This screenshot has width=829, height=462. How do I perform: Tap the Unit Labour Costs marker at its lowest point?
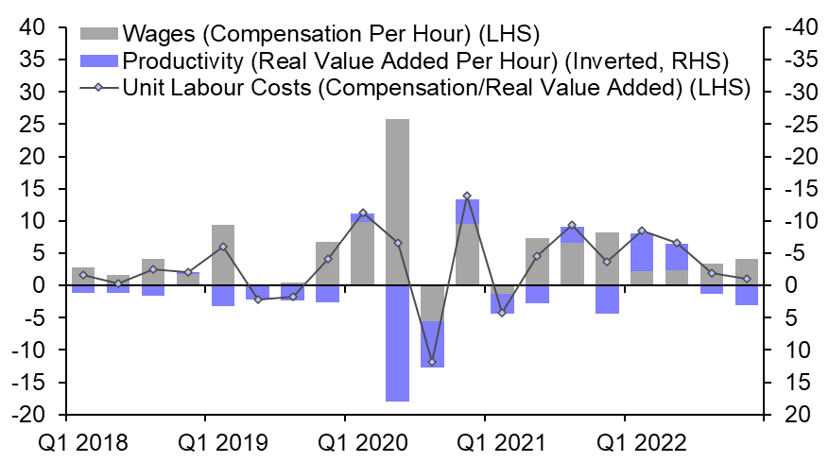click(432, 362)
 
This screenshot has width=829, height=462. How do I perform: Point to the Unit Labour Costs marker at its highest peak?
click(467, 196)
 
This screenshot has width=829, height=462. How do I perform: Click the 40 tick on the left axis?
click(33, 28)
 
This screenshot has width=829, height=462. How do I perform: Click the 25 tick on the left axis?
click(33, 125)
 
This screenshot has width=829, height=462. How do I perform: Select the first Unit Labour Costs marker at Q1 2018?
click(83, 275)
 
